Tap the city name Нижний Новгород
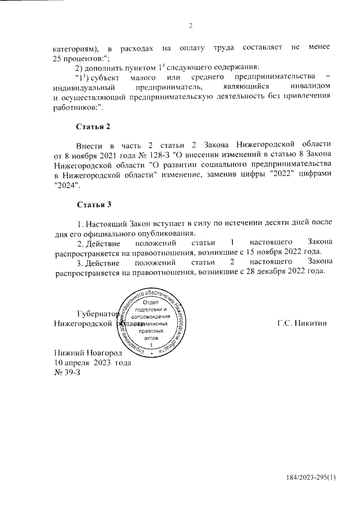coord(87,352)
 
